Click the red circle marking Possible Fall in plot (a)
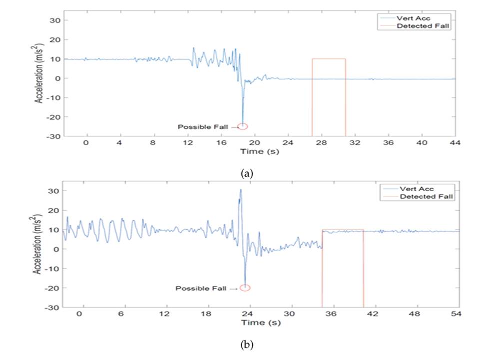pyautogui.click(x=243, y=126)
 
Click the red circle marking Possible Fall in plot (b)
pyautogui.click(x=245, y=288)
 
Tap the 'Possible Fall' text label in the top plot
pyautogui.click(x=202, y=127)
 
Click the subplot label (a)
pyautogui.click(x=247, y=173)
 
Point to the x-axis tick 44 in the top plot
pyautogui.click(x=455, y=143)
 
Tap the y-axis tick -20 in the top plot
pyautogui.click(x=55, y=117)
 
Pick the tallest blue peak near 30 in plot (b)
pyautogui.click(x=240, y=190)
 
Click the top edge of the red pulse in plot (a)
pyautogui.click(x=329, y=59)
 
